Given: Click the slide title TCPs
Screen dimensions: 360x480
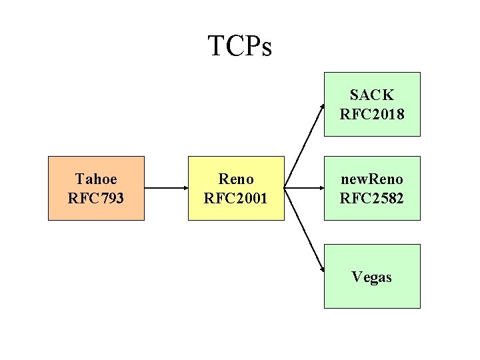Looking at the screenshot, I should [240, 47].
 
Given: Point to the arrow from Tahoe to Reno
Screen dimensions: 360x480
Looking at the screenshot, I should [166, 188].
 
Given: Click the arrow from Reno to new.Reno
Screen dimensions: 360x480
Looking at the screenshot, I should [304, 188].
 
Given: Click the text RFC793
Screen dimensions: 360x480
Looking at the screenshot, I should [96, 198].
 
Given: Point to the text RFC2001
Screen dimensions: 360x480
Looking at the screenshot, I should [236, 198].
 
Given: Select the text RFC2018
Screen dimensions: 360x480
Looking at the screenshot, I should [372, 114].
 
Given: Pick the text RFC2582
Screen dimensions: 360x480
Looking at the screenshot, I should [372, 198].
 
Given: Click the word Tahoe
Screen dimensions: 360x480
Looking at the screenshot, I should [96, 179].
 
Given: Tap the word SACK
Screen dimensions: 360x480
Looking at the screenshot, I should [372, 95].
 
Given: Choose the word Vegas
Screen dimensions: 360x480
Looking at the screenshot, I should [372, 277].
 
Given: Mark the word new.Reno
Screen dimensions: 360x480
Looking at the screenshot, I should [372, 179].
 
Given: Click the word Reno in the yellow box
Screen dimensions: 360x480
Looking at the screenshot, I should [236, 179].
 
